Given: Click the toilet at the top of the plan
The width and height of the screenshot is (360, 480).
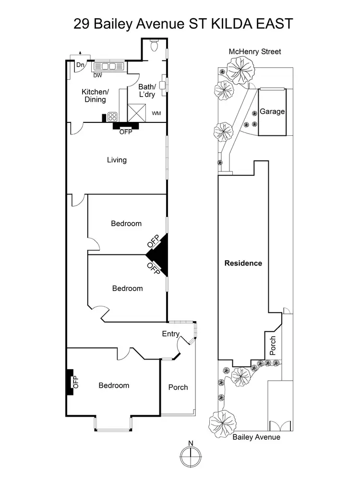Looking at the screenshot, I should pos(154,46).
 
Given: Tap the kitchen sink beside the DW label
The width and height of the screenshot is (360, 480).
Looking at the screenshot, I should pos(108,67).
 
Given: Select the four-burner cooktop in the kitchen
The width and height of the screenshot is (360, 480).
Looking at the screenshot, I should pos(113,116).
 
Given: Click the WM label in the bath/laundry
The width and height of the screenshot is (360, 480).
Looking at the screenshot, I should pos(156,113).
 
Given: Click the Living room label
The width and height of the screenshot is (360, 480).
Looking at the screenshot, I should pos(117,160).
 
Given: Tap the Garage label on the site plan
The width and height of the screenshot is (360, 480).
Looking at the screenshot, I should pos(272,111).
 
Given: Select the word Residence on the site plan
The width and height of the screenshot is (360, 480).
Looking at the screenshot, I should pos(244,263).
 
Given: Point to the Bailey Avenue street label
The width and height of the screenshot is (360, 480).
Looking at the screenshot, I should pos(256,437).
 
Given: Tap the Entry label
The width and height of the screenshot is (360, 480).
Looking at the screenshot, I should pos(170,334).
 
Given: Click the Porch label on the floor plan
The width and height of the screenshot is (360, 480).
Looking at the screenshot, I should pos(178,387).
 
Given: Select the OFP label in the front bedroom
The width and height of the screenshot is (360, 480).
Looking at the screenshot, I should pos(75,382).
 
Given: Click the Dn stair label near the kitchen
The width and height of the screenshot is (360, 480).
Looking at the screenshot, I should pos(81,65).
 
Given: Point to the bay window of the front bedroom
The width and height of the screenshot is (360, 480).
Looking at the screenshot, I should pos(114,422).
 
